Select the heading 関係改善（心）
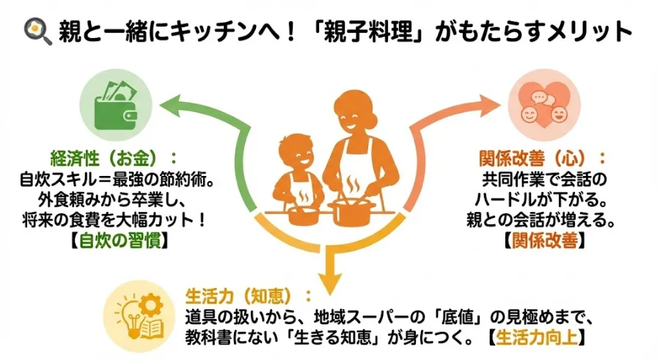(x=543, y=158)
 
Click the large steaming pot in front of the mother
(x=351, y=211)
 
